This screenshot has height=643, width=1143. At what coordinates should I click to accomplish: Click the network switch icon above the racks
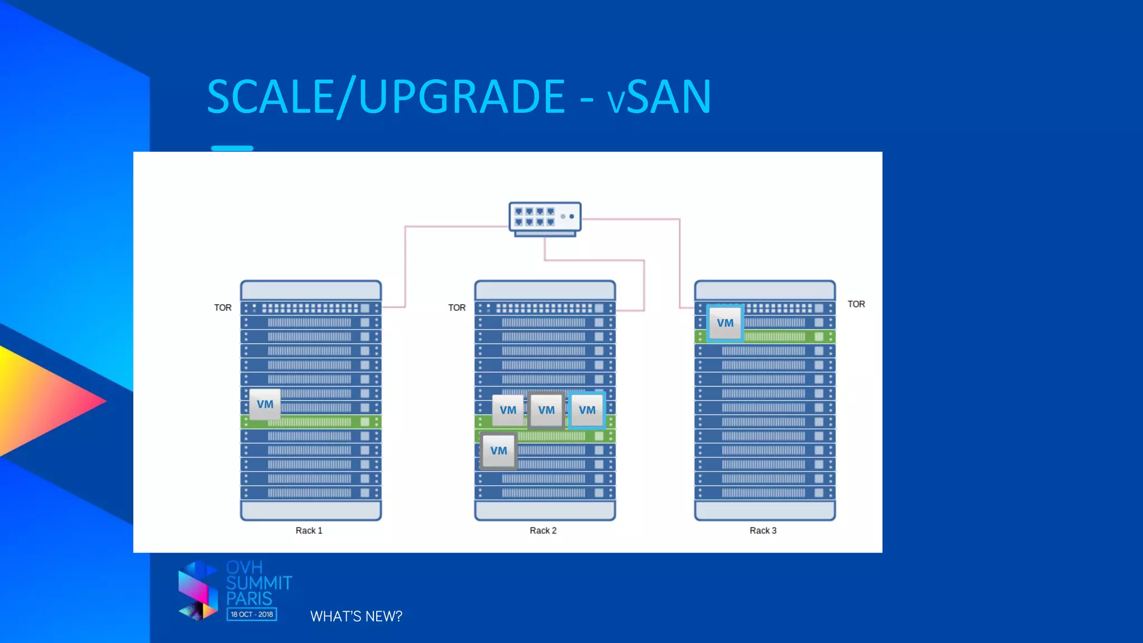pos(545,218)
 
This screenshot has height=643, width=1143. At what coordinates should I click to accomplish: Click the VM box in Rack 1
pos(265,405)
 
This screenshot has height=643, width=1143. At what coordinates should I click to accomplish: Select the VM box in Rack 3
pos(725,323)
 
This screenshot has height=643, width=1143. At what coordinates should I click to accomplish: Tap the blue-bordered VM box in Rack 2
pos(587,410)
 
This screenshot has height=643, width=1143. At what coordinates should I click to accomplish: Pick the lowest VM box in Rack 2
pos(498,451)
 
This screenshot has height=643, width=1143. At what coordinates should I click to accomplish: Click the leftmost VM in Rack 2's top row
pos(508,410)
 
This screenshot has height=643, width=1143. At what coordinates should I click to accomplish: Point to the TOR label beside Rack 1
pos(223,308)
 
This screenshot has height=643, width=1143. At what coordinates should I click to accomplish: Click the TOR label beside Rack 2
pos(457,308)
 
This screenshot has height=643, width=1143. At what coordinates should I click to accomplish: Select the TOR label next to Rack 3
pos(856,304)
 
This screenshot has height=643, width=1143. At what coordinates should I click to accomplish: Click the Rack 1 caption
pos(309,531)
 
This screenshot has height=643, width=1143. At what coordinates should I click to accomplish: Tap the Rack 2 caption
pos(543,531)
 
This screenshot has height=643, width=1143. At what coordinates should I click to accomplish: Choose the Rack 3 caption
pos(763,531)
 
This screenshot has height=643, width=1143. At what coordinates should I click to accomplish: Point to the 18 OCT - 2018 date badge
pos(252,615)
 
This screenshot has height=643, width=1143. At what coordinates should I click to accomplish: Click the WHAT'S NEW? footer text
pos(356,617)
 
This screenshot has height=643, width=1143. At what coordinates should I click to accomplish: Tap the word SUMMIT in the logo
pos(259,583)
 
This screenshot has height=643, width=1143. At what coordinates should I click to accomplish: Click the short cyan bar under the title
pos(232,148)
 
